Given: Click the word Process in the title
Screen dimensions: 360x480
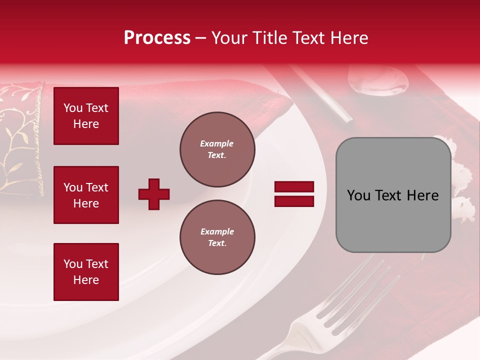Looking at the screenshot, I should click(x=157, y=38).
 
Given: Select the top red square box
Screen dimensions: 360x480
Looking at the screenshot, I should click(x=86, y=116).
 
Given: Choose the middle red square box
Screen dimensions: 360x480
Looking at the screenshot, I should click(x=86, y=195).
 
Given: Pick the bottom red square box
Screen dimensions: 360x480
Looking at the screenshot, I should click(x=86, y=272).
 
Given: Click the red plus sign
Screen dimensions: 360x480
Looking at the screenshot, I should click(x=154, y=194).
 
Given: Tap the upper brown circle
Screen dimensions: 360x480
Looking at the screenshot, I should click(x=217, y=149).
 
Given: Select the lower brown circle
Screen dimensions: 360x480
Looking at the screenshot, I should click(x=217, y=237).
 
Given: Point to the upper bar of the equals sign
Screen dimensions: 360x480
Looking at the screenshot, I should click(x=294, y=187).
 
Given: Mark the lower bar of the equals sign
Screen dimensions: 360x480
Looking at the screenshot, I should click(x=294, y=201).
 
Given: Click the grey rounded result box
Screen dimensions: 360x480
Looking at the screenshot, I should click(x=393, y=195).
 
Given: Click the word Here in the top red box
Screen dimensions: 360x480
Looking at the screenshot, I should click(x=86, y=124).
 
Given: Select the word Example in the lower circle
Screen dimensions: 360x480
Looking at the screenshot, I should click(x=217, y=231).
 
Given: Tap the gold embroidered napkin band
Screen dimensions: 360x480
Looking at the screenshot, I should click(x=20, y=140).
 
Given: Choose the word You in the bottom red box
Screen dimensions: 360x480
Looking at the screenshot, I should click(x=73, y=264).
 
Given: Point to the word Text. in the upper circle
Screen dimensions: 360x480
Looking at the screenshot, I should click(x=217, y=155).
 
